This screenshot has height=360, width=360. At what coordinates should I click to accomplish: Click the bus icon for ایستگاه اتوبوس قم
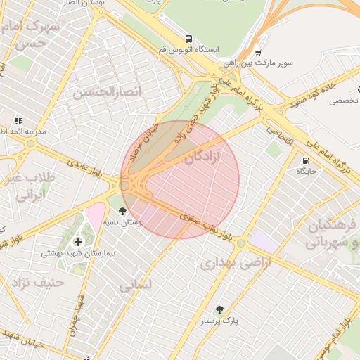[x=188, y=39]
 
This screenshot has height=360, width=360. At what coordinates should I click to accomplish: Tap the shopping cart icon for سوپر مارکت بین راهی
[x=258, y=52]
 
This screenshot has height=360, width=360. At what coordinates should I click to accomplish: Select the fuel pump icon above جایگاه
[x=306, y=160]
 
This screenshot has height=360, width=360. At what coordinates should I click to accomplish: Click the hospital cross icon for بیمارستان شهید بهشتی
[x=77, y=243]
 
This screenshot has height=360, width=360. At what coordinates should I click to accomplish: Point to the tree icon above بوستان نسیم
[x=123, y=211]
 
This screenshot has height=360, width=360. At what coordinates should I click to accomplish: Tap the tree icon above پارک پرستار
[x=220, y=309]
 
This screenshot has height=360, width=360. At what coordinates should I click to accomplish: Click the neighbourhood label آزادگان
[x=202, y=157]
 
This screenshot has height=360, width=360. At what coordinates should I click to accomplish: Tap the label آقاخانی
[x=279, y=134]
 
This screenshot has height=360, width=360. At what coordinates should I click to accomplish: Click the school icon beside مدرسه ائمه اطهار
[x=18, y=121]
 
